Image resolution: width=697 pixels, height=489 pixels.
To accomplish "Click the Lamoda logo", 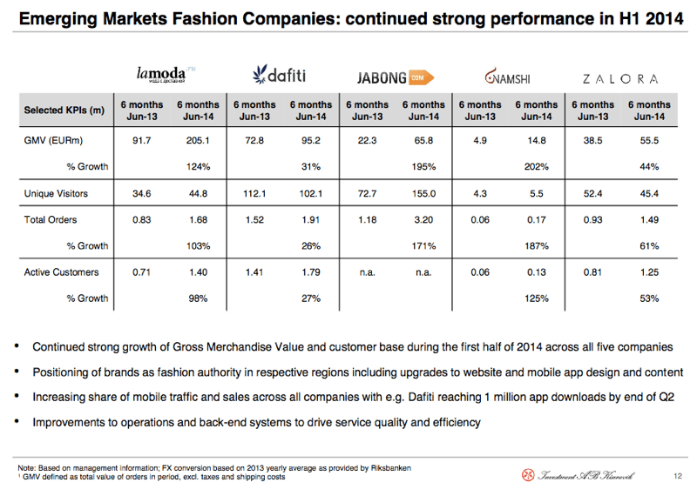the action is pyautogui.click(x=166, y=74).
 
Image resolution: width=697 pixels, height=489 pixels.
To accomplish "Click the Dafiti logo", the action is pyautogui.click(x=279, y=75).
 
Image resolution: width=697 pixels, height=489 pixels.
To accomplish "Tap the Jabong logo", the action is pyautogui.click(x=396, y=77).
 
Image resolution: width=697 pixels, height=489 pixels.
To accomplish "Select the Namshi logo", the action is pyautogui.click(x=507, y=77).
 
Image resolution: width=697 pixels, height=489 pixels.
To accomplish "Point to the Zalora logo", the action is pyautogui.click(x=620, y=79).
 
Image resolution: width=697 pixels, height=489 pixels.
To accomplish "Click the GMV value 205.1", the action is pyautogui.click(x=198, y=141).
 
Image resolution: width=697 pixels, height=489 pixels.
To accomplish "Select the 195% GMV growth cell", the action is pyautogui.click(x=423, y=167).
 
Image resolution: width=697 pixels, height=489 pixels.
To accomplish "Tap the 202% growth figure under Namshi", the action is pyautogui.click(x=537, y=167).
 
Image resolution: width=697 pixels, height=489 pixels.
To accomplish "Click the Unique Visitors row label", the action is pyautogui.click(x=56, y=193).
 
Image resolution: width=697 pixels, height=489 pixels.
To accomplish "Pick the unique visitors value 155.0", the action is pyautogui.click(x=423, y=193).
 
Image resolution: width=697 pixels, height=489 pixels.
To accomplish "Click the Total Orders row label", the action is pyautogui.click(x=51, y=219).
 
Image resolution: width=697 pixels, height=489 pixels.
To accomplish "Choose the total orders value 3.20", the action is pyautogui.click(x=423, y=219).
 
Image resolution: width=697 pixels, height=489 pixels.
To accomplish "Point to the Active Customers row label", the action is pyautogui.click(x=61, y=272).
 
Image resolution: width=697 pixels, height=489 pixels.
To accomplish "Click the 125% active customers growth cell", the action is pyautogui.click(x=537, y=298).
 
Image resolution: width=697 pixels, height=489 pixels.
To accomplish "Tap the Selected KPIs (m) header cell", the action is pyautogui.click(x=64, y=110).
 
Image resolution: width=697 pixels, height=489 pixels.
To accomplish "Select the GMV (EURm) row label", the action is pyautogui.click(x=53, y=141).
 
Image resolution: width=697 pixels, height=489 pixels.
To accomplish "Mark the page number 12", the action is pyautogui.click(x=678, y=476).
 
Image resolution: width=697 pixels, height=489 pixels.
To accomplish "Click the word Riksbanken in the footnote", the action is pyautogui.click(x=390, y=468).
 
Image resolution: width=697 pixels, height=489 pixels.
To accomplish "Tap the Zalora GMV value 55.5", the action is pyautogui.click(x=649, y=141).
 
